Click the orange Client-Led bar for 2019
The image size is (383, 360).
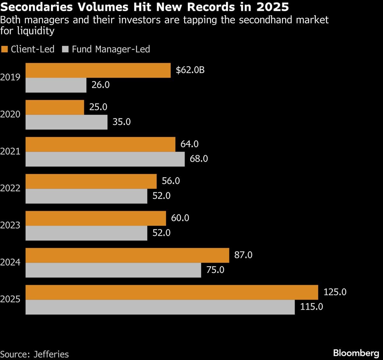[x=98, y=70]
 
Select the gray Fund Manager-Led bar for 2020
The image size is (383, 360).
[x=66, y=122]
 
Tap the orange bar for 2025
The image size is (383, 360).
[x=172, y=292]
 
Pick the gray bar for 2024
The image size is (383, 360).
[x=113, y=270]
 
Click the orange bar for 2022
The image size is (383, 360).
[x=91, y=181]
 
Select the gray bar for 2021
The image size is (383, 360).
[x=105, y=159]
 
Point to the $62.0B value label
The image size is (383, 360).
[x=190, y=70]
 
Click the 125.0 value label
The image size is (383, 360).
[x=335, y=292]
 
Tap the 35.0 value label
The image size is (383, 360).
[x=122, y=122]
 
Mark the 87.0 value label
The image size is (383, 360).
[x=243, y=255]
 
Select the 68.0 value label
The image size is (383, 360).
[x=199, y=159]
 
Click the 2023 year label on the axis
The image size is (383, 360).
[x=10, y=225]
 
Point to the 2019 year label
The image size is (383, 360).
[x=10, y=77]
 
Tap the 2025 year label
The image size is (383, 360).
[x=10, y=299]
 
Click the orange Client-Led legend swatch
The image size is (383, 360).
[x=4, y=49]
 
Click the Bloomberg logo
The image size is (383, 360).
[x=356, y=353]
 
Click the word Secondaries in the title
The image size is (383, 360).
[x=38, y=6]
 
